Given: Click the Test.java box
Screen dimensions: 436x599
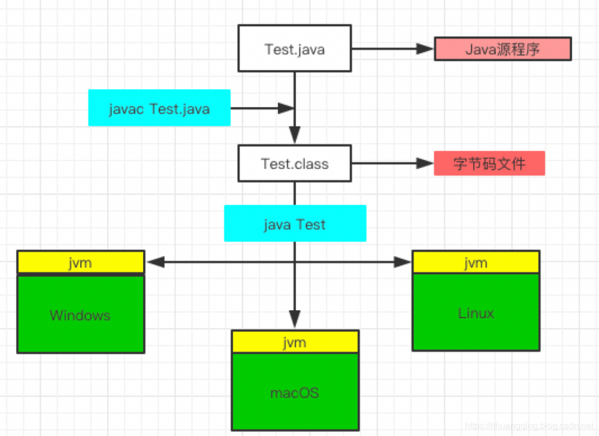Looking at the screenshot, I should coord(294,49).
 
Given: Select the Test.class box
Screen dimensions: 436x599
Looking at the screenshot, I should coord(294,163).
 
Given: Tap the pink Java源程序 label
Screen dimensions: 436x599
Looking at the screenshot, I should coord(503,49).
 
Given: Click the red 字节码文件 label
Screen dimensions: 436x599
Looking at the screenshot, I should coord(489,163).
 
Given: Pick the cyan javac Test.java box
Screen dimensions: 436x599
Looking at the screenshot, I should coord(159,108).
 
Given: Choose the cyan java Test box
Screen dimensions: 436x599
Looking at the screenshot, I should coord(295,224).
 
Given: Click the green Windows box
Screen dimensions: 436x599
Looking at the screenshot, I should coord(80,314).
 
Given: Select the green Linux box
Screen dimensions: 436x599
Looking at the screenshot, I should coord(476,312).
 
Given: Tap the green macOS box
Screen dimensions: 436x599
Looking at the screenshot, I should coord(295,392).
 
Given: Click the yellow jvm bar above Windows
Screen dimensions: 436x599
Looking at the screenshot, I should coord(80,262).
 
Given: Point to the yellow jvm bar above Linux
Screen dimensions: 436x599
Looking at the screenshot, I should coord(476,262).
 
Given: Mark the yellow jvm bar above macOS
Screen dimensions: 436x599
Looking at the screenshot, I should coord(295,341).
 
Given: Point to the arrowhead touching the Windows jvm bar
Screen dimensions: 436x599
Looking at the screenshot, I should coord(155,262).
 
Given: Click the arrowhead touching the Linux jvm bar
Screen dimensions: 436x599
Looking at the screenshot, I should coord(403,262).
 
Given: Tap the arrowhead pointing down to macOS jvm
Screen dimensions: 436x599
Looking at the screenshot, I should coord(294,319).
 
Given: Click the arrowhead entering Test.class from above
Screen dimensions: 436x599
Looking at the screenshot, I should coord(294,134).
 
